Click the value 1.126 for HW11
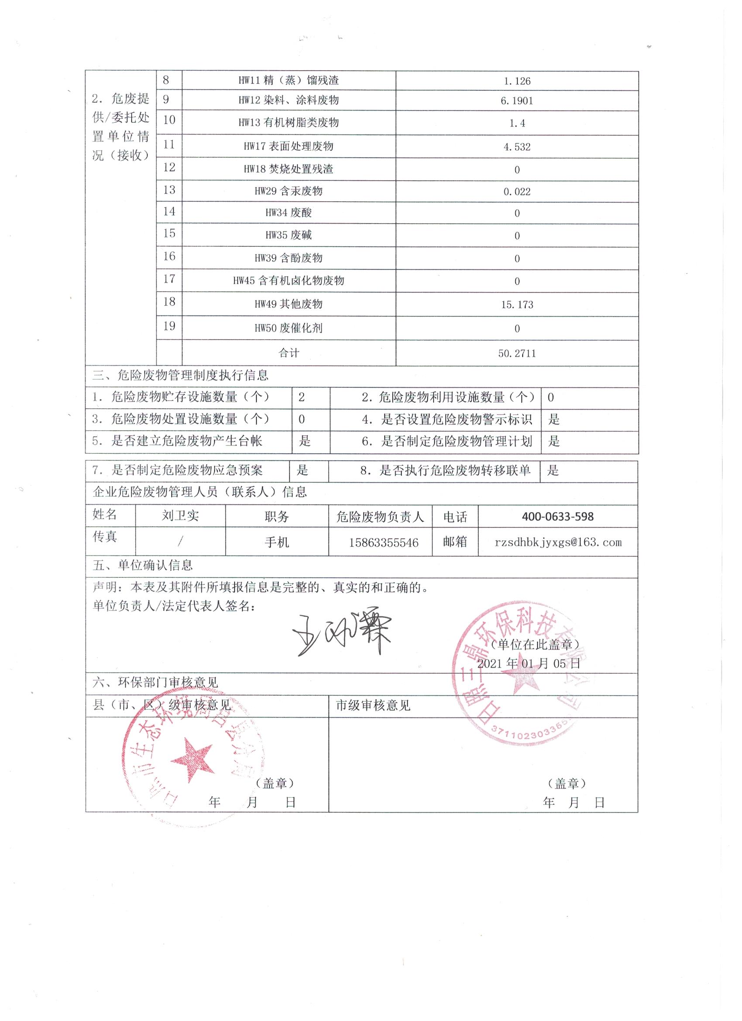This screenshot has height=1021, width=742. [517, 81]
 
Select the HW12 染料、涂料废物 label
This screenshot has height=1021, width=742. [289, 100]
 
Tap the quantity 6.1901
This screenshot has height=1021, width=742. [517, 101]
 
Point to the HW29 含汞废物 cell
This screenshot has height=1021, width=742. [289, 191]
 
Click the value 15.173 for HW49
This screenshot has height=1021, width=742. [517, 305]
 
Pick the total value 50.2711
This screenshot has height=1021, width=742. [517, 353]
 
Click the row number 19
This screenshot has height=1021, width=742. [169, 326]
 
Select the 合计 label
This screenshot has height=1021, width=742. [289, 353]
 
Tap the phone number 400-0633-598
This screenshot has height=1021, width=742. [557, 516]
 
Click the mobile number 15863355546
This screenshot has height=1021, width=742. [383, 542]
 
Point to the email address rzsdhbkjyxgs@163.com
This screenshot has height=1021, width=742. [557, 542]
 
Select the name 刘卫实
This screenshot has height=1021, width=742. [180, 516]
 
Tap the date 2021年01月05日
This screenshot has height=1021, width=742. [528, 663]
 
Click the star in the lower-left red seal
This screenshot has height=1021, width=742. [192, 759]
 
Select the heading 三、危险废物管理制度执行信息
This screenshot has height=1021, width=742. [180, 375]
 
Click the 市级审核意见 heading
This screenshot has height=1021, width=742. [373, 705]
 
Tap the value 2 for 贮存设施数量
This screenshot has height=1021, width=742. [302, 397]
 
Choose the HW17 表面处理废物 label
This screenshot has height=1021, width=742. [289, 146]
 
